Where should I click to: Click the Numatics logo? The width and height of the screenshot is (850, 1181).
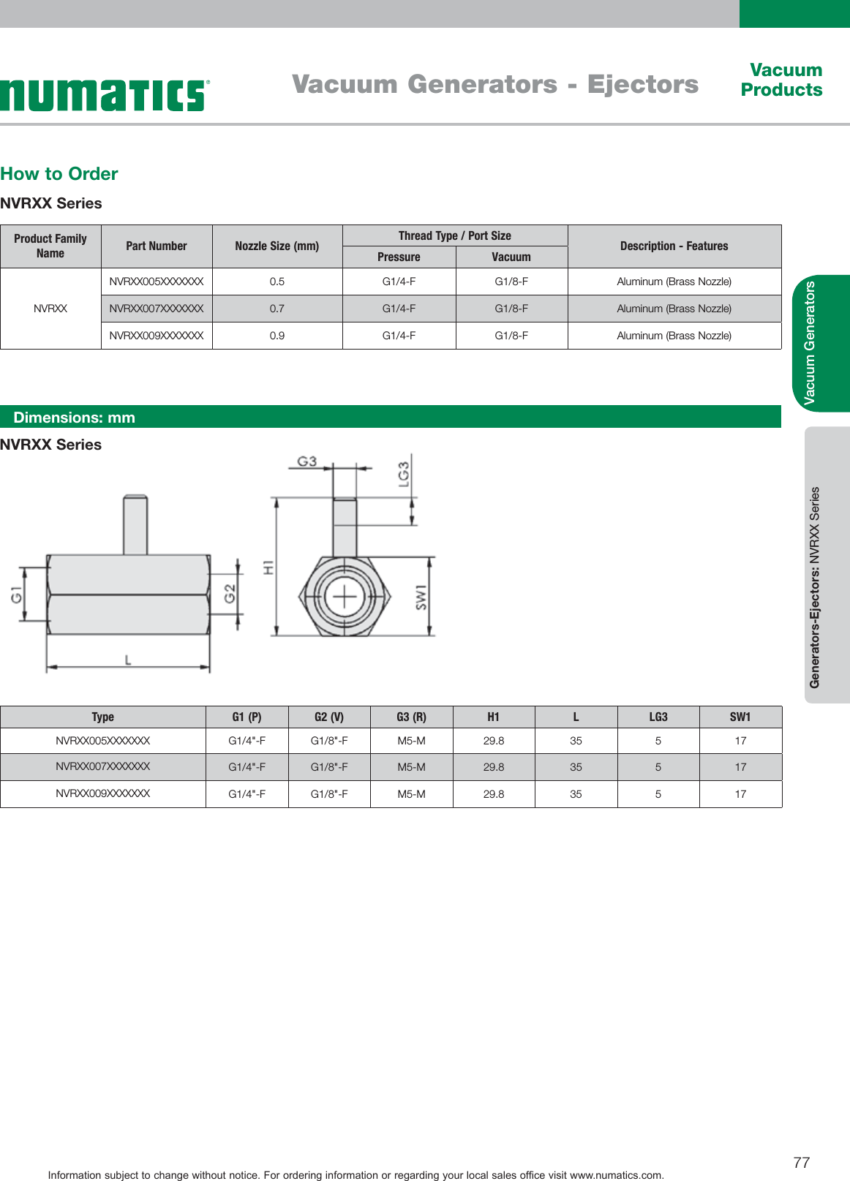tap(104, 96)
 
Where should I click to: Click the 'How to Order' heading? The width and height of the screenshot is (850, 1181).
tap(59, 174)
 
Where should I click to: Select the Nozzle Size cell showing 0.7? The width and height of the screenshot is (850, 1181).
tap(277, 309)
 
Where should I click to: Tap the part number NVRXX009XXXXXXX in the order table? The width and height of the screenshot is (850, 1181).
tap(156, 336)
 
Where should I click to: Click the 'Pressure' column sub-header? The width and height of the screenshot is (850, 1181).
tap(399, 257)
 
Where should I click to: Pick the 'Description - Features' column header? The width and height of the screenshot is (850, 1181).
tap(674, 246)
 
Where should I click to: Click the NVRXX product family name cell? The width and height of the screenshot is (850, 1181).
tap(50, 309)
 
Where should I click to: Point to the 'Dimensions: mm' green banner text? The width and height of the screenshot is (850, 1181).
tap(74, 418)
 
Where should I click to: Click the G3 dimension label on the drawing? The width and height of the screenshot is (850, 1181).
tap(306, 461)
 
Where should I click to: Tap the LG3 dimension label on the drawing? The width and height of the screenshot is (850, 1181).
tap(404, 474)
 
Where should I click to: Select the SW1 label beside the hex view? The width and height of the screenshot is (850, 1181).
tap(421, 597)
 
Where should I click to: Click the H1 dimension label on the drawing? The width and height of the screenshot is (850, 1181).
tap(268, 567)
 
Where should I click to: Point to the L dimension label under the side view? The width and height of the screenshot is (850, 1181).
tap(128, 660)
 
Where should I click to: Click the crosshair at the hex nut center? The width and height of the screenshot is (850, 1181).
tap(345, 598)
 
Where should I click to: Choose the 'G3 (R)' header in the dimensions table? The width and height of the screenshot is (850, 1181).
tap(411, 717)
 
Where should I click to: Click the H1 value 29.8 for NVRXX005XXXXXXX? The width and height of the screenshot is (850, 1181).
tap(494, 741)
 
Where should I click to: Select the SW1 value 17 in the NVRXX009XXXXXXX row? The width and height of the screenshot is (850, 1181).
tap(740, 794)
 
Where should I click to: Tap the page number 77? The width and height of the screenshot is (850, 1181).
tap(801, 1162)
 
